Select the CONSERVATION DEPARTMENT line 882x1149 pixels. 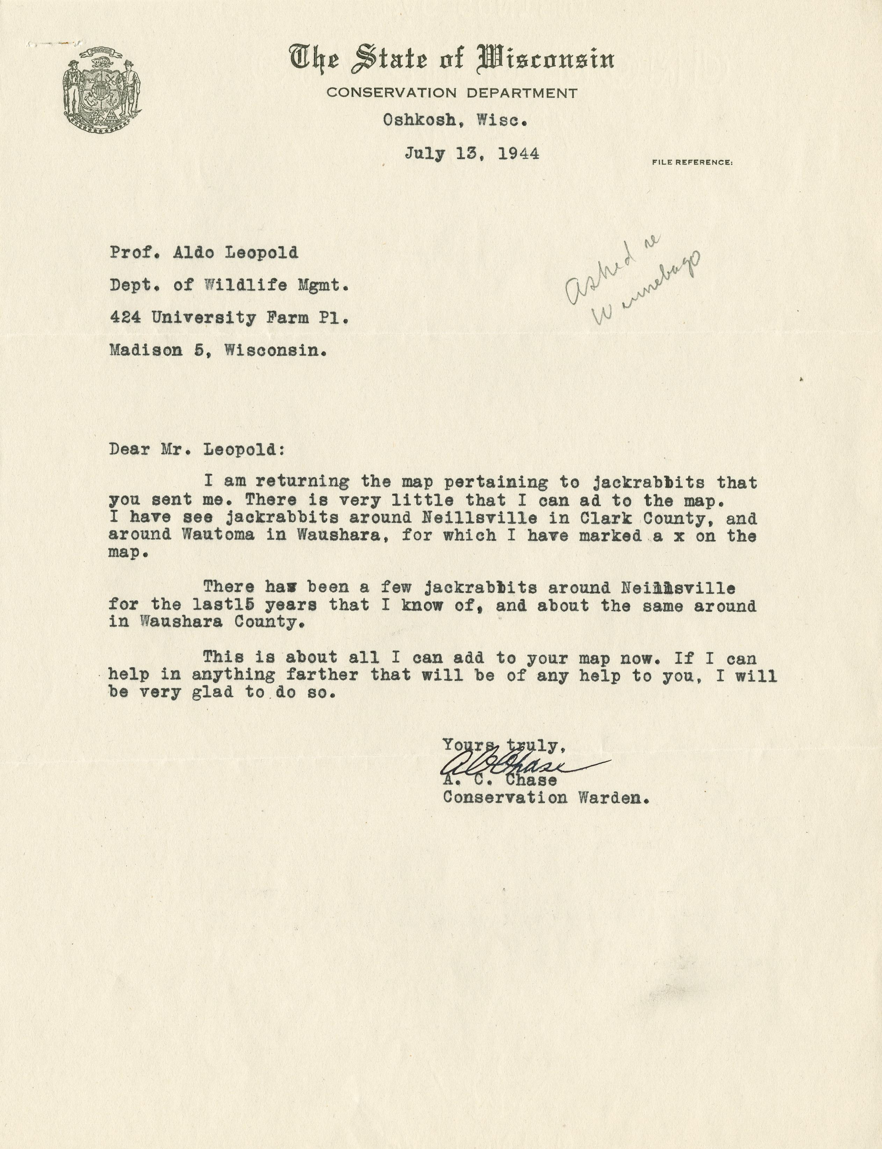(451, 93)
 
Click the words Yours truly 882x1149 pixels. (504, 745)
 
